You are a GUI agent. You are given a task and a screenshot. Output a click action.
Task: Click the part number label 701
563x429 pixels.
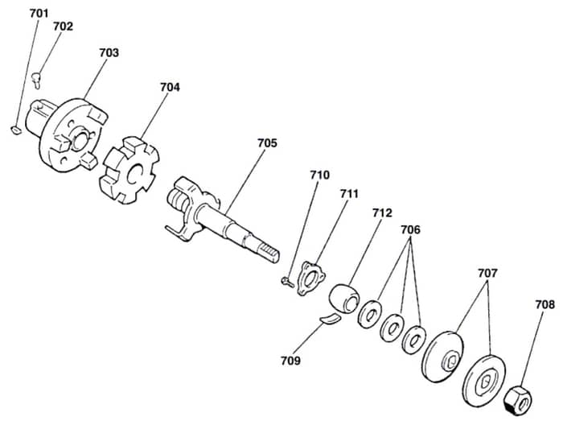(39, 14)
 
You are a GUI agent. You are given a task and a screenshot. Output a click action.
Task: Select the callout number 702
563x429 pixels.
(63, 27)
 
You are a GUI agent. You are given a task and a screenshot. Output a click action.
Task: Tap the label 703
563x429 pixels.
(109, 53)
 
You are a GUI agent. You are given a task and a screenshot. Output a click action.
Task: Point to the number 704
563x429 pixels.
(170, 87)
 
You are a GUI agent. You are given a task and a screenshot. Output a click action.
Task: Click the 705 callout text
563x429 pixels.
(267, 143)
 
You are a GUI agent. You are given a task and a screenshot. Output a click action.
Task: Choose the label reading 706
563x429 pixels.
(410, 229)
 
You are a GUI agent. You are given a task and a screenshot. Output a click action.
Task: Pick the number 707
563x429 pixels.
(487, 274)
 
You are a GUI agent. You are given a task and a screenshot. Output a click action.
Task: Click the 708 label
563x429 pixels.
(545, 305)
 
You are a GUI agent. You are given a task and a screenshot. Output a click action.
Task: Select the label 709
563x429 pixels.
(290, 361)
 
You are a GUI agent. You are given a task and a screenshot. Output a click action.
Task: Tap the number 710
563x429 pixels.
(319, 175)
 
